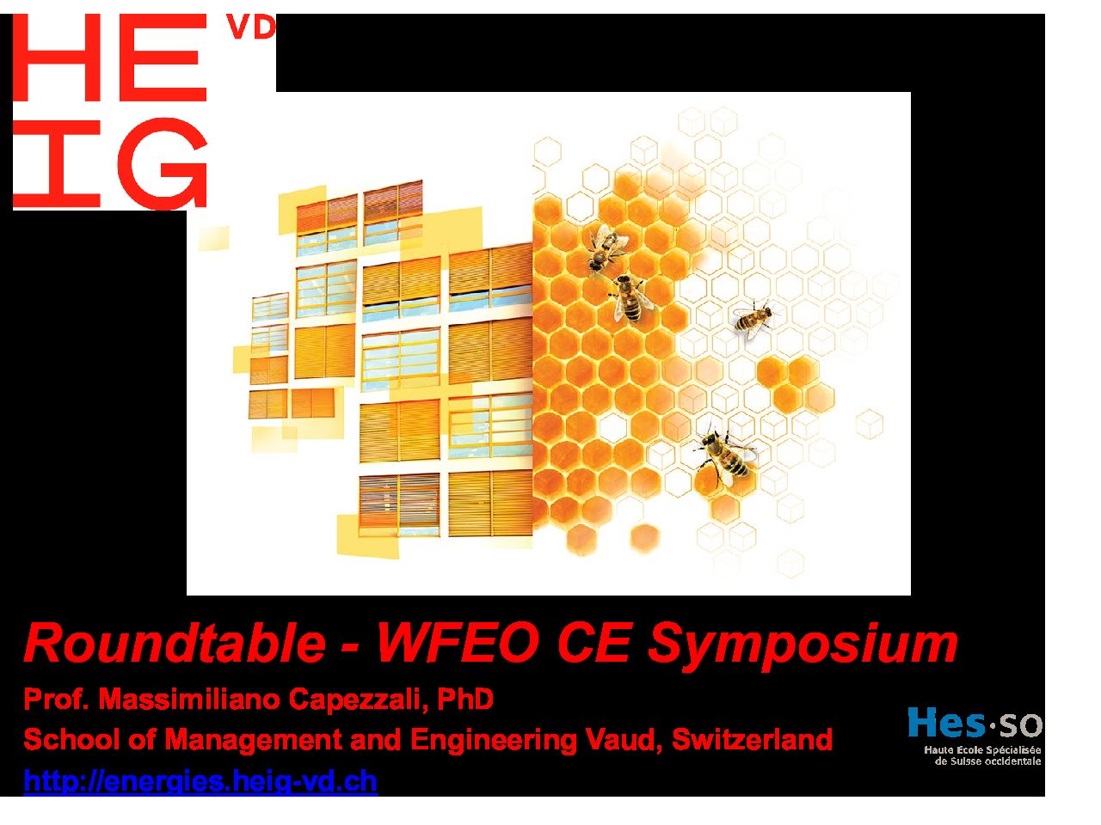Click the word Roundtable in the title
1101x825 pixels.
(175, 643)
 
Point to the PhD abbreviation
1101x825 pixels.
(465, 699)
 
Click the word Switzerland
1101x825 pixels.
(752, 739)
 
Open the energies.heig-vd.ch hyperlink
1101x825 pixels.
(200, 781)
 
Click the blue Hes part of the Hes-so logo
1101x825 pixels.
(946, 723)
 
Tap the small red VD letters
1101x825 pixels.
(251, 27)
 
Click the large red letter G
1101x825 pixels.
(163, 163)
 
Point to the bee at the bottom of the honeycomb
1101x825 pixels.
(723, 455)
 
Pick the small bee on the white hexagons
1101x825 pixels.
(752, 319)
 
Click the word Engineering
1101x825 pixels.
(494, 740)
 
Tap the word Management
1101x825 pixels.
(253, 740)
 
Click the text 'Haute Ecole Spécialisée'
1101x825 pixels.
(982, 750)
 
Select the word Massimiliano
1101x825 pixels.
(189, 699)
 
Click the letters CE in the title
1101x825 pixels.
(593, 643)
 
